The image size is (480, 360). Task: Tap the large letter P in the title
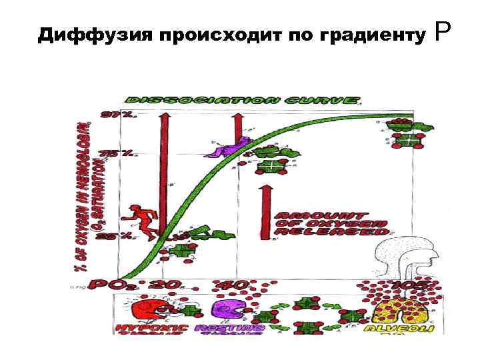tap(445, 30)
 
